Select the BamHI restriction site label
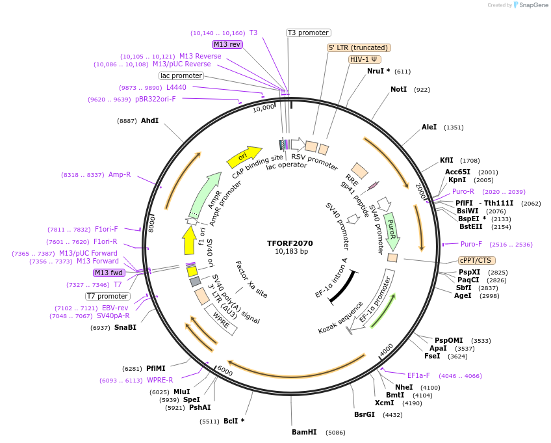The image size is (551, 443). click(303, 432)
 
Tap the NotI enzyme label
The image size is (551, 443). click(398, 89)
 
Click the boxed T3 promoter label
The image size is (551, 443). click(309, 33)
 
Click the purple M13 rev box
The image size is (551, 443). click(227, 44)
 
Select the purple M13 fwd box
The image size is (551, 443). click(109, 273)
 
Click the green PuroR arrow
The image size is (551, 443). click(391, 231)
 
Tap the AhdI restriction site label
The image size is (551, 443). click(149, 120)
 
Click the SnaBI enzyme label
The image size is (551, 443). click(125, 327)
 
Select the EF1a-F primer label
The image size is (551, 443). click(418, 375)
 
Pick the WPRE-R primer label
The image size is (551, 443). click(160, 380)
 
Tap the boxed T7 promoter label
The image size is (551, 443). click(108, 296)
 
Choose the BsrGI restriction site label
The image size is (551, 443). click(365, 414)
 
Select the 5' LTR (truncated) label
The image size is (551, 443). click(358, 47)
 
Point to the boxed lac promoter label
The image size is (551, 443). click(181, 75)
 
